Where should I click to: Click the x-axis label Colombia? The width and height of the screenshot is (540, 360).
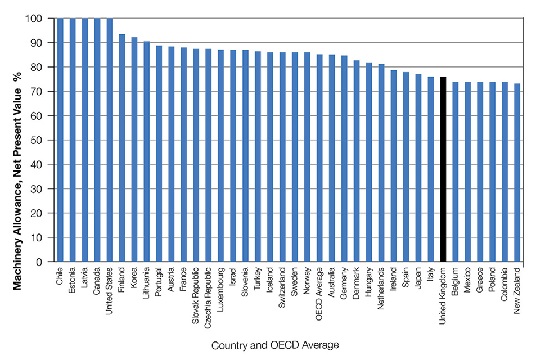tap(505, 283)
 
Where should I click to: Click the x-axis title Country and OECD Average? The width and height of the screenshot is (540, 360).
tap(275, 345)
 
